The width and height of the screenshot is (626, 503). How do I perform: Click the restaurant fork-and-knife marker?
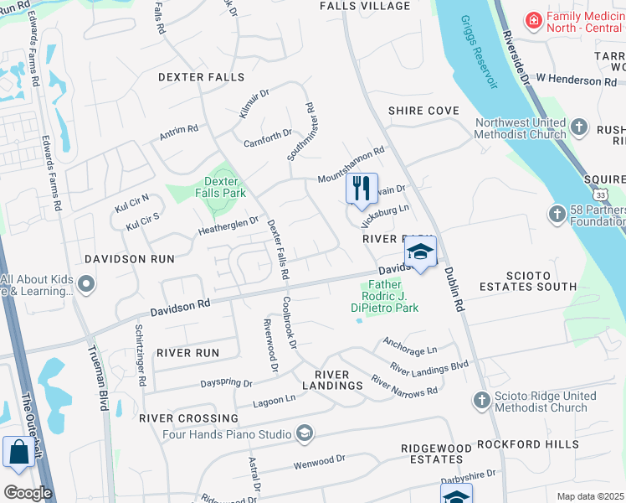click(362, 188)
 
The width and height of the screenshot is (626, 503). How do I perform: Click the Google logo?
click(27, 493)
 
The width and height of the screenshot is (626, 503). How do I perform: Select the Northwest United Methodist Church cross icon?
click(580, 129)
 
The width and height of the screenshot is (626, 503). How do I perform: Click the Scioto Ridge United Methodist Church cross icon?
click(480, 402)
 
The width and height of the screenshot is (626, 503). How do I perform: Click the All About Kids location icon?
click(85, 286)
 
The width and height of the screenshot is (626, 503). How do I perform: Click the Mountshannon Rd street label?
click(350, 166)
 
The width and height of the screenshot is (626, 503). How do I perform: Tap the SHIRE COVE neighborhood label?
click(423, 111)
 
